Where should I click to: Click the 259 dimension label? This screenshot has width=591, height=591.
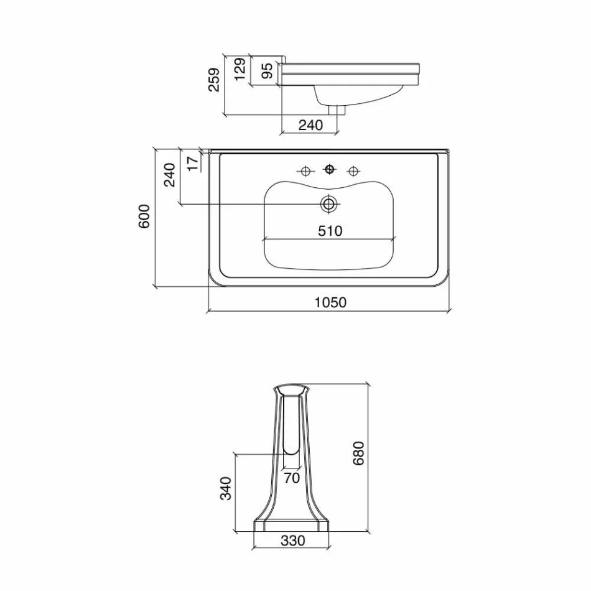coord(214,80)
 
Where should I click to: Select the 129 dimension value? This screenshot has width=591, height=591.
coord(240,68)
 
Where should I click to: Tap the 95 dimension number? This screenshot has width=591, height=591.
coord(267,71)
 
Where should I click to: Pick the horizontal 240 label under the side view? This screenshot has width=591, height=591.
coord(311,125)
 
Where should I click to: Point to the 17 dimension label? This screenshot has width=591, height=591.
coord(193,164)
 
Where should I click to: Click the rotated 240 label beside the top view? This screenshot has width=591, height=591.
coord(170,175)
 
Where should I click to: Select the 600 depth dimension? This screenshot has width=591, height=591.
coord(144,216)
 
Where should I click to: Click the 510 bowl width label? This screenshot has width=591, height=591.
coord(330,231)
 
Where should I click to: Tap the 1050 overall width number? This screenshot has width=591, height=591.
coord(330,302)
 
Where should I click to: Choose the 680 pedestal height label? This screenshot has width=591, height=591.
coord(358,453)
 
